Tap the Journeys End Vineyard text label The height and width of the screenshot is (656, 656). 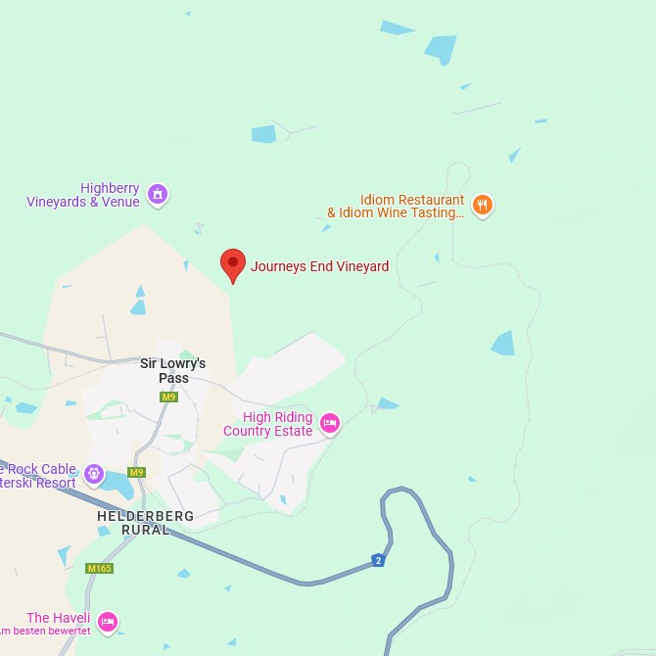coord(319,266)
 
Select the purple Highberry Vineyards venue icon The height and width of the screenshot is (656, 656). coord(158,195)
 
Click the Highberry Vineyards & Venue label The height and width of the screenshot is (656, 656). coord(83,195)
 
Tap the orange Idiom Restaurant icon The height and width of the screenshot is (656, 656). coord(482,206)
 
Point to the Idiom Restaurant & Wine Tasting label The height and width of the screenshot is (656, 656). coord(397,207)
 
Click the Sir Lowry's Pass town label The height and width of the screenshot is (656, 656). coord(172,370)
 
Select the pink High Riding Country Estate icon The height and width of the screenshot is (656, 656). coord(330,423)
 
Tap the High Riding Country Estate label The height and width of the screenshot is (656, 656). coord(267,424)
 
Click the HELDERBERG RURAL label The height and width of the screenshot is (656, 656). coord(145,523)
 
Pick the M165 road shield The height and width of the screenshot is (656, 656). coord(99,569)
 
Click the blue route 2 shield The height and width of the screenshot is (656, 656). coord(378,560)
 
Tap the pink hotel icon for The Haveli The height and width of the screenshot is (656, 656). coord(108,621)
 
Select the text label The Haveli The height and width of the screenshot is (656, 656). coord(58,618)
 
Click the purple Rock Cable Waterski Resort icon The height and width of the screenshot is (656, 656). coord(94,475)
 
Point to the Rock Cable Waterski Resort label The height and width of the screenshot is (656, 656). coord(39,476)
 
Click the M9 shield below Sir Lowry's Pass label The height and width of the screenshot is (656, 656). coord(168,397)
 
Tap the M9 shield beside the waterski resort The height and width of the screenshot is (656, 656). coord(136,473)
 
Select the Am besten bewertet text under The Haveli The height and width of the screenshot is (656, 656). coord(45,632)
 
